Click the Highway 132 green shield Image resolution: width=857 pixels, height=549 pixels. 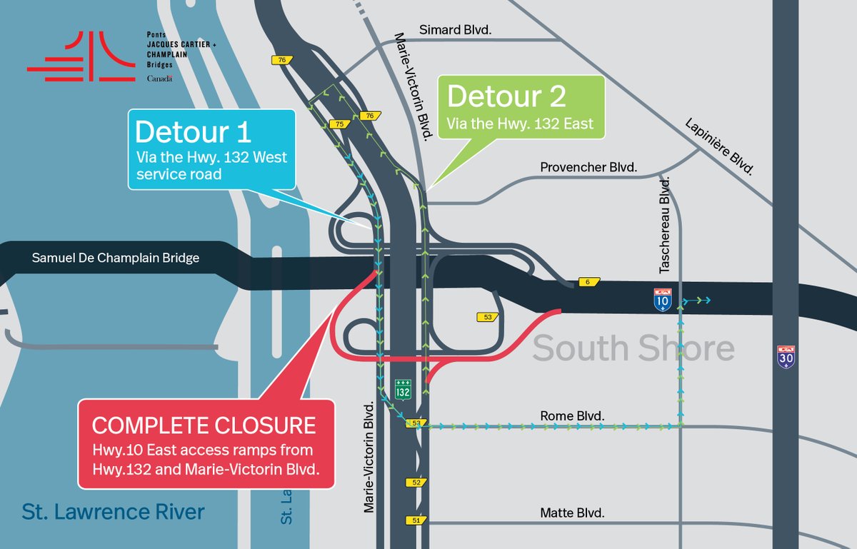[404, 390]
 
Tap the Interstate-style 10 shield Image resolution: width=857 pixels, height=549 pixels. [662, 300]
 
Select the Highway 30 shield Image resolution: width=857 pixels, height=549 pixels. [786, 356]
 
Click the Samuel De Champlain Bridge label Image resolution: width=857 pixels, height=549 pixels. [115, 258]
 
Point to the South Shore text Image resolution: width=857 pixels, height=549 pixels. [633, 348]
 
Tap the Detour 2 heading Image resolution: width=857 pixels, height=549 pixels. [506, 96]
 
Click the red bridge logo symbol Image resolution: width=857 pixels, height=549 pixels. [81, 57]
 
